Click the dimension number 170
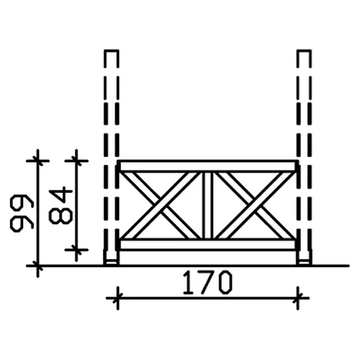(x=207, y=282)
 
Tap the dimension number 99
(x=22, y=213)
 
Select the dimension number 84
(x=61, y=205)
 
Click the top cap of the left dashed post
(x=112, y=50)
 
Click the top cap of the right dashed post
(x=304, y=50)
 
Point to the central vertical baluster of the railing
(x=207, y=205)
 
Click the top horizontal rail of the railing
(x=207, y=166)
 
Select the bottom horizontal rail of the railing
(x=207, y=244)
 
